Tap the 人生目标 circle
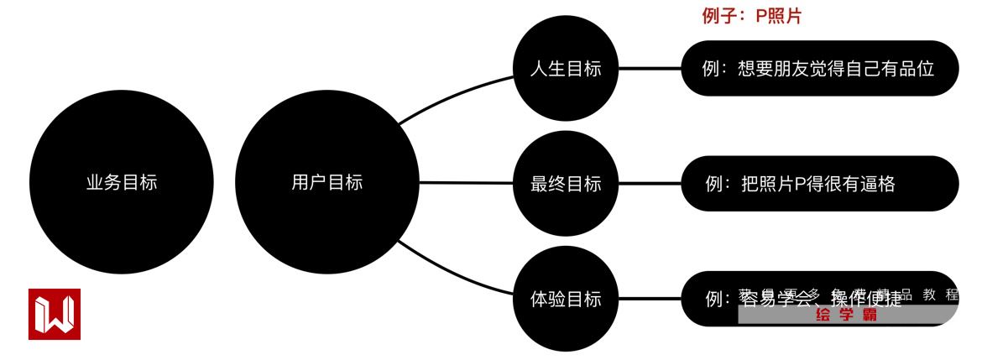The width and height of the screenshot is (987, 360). [x=566, y=69]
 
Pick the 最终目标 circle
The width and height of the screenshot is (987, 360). [x=566, y=184]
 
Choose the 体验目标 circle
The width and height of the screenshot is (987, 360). [x=566, y=299]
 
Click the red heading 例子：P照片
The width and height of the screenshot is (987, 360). [x=751, y=16]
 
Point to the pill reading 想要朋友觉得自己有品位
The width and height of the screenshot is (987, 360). [x=818, y=69]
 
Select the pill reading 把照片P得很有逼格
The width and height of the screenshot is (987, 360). [x=818, y=184]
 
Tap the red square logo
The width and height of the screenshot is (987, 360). [x=55, y=314]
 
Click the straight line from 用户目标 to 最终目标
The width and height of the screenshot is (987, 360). [x=466, y=183]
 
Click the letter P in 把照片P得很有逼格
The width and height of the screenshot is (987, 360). [x=800, y=184]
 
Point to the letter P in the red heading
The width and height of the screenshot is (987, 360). [x=761, y=16]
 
